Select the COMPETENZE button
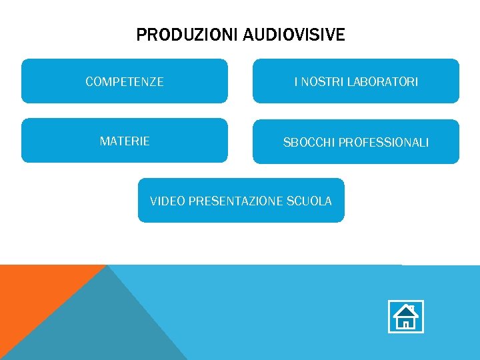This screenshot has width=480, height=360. tap(125, 81)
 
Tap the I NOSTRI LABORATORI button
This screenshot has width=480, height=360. tap(356, 81)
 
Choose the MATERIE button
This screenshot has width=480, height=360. tap(125, 141)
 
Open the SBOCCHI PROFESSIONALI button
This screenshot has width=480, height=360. tap(356, 142)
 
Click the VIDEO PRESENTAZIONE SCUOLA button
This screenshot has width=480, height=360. tap(241, 201)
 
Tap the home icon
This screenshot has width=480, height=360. tap(405, 317)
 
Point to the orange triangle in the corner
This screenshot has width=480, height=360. tap(33, 293)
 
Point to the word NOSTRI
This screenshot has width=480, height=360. tap(319, 82)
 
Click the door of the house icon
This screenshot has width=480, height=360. tap(405, 324)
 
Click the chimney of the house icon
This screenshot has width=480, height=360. tap(413, 308)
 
